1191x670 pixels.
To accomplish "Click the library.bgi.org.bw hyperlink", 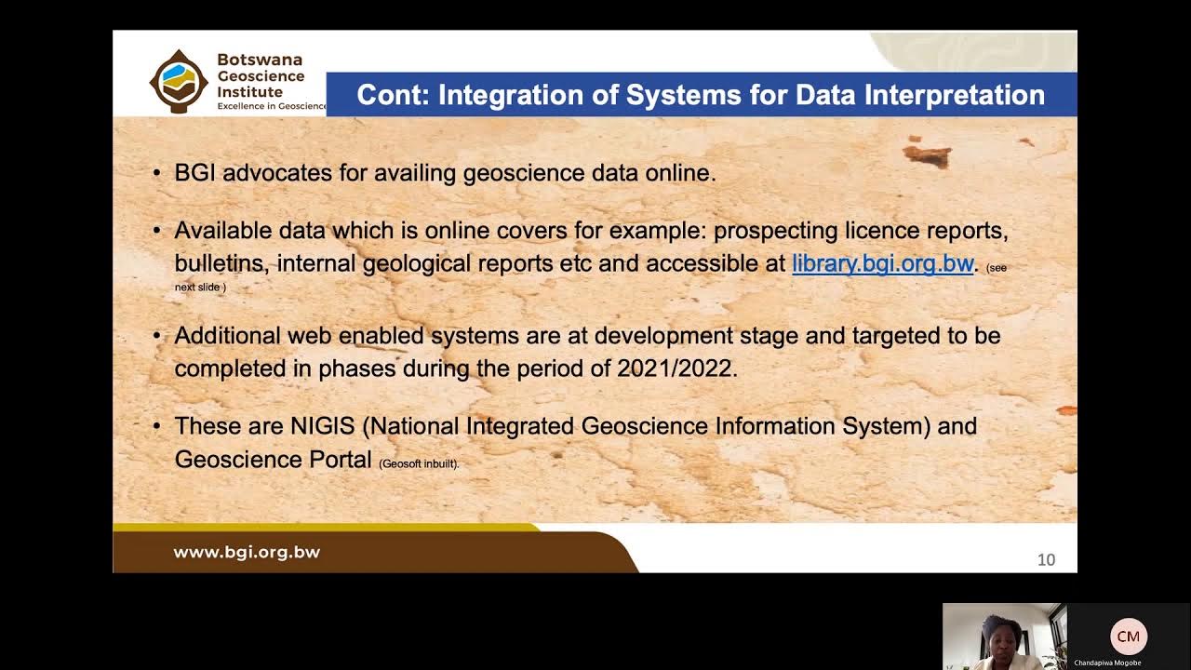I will [882, 263].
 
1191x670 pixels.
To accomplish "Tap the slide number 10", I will [1046, 559].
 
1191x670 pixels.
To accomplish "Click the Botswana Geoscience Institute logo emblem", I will [179, 81].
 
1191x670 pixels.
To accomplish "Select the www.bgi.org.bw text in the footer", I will [247, 552].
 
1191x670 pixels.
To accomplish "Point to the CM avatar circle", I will [1128, 636].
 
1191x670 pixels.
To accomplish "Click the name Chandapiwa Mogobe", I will [1107, 663].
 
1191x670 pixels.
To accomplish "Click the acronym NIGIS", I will [322, 426].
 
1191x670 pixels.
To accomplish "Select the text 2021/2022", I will [676, 368].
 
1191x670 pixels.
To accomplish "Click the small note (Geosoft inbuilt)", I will [419, 463].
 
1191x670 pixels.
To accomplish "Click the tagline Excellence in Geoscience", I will [272, 106].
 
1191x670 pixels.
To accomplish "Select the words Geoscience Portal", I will [273, 460].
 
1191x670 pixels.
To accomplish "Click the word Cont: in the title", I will [392, 95].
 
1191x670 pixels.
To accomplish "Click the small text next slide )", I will [200, 288].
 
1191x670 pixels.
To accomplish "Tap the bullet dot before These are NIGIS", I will [156, 426].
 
